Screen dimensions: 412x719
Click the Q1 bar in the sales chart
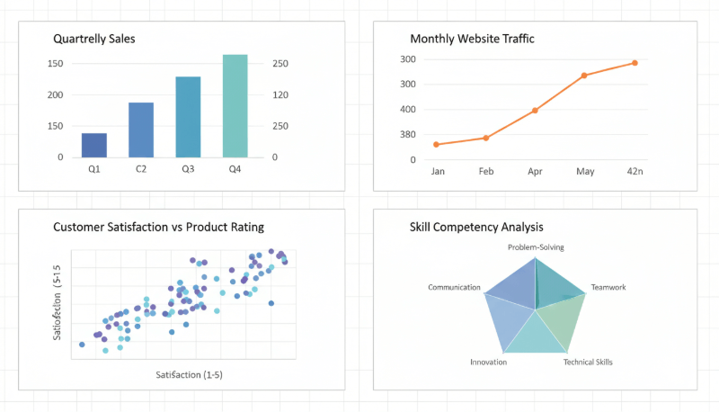point(94,145)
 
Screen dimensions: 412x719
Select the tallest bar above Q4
point(235,106)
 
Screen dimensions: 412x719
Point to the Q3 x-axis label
point(188,169)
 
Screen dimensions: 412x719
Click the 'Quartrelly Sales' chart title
point(94,39)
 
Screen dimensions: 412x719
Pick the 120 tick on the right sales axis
point(280,94)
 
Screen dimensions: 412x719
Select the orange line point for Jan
point(437,144)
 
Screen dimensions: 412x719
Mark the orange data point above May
point(584,76)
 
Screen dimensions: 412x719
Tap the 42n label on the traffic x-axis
point(635,171)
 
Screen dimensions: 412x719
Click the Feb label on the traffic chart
point(486,171)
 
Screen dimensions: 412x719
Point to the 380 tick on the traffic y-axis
point(408,135)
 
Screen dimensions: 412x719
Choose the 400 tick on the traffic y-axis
point(408,110)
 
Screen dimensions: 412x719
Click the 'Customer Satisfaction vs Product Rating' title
point(158,227)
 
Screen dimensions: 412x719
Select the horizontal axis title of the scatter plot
point(189,373)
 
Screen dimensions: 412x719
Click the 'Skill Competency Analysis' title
point(475,227)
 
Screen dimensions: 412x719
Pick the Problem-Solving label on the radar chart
point(536,247)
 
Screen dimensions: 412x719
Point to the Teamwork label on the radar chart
point(608,288)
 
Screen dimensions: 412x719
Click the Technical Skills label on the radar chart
point(588,362)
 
